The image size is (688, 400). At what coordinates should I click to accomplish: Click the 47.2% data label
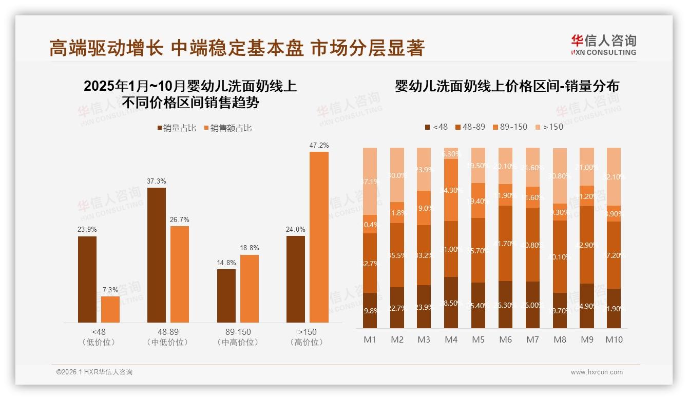coord(319,146)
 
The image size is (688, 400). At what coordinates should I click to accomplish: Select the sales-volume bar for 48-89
coord(157,255)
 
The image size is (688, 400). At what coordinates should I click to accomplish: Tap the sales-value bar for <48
coord(110,309)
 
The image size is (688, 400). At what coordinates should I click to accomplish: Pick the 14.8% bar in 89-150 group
coord(226,296)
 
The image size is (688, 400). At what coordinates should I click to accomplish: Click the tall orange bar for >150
coord(319,237)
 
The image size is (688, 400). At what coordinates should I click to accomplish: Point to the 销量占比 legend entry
coord(177,128)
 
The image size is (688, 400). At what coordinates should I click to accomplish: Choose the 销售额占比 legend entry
coord(228,128)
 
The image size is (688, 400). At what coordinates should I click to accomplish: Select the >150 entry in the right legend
coord(549,127)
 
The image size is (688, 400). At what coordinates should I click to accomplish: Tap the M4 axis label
coord(451,339)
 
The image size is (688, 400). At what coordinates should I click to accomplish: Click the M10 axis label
coord(614,339)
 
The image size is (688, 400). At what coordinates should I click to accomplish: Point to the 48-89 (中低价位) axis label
coord(167,337)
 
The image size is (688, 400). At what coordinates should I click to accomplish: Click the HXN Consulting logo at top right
coord(603,45)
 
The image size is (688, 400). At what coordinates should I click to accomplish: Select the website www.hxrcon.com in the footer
coord(597,372)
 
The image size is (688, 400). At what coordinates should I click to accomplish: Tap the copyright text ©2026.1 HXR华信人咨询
coord(94,372)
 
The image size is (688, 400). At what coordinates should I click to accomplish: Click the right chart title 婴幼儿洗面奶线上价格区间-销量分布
coord(507,86)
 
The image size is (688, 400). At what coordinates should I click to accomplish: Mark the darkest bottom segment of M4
coord(451,303)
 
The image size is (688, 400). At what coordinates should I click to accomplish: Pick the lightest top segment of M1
coord(370,181)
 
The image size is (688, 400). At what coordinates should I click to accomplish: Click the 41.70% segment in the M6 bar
coord(505,243)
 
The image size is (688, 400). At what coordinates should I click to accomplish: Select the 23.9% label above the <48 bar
coord(87,230)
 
